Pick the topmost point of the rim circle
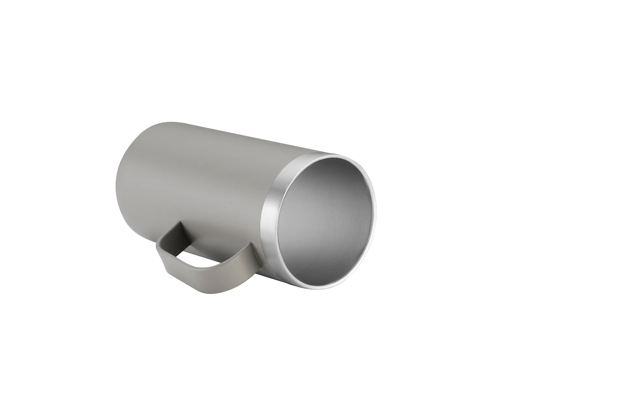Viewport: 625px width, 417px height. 339,156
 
